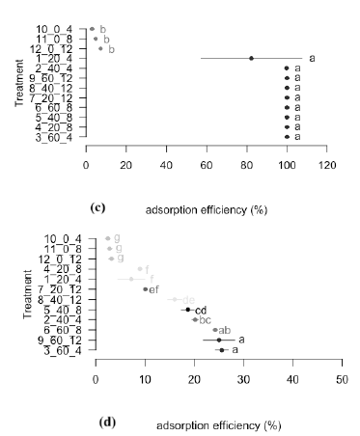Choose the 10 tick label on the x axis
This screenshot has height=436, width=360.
pyautogui.click(x=145, y=379)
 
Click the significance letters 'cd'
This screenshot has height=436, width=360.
pyautogui.click(x=202, y=310)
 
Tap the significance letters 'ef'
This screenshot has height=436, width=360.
pyautogui.click(x=153, y=289)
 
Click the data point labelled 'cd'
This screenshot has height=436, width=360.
pyautogui.click(x=188, y=310)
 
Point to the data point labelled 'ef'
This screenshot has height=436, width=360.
pyautogui.click(x=145, y=288)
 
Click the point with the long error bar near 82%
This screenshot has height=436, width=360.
pyautogui.click(x=251, y=58)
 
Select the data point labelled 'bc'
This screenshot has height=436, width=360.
pyautogui.click(x=195, y=319)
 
